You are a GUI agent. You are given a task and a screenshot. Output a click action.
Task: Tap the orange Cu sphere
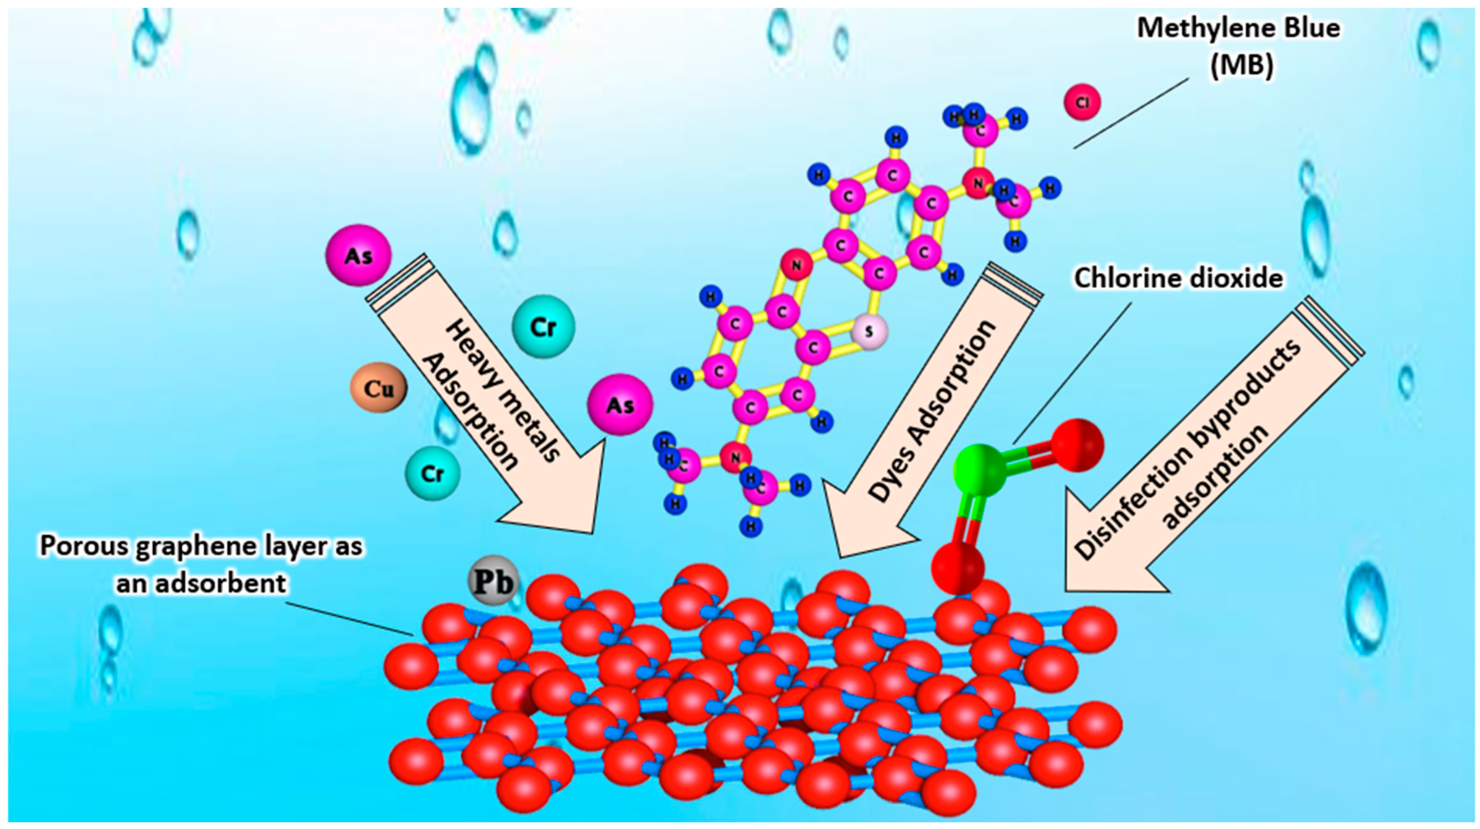click(x=379, y=388)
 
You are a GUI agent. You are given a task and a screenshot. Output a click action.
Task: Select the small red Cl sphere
click(x=1082, y=102)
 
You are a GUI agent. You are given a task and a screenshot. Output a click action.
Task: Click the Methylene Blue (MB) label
click(x=1238, y=46)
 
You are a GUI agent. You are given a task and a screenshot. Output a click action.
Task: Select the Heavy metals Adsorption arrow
click(x=494, y=402)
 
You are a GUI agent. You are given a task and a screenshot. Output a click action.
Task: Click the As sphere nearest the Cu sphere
click(x=620, y=405)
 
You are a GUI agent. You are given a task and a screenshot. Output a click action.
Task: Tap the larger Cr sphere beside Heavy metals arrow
click(x=543, y=326)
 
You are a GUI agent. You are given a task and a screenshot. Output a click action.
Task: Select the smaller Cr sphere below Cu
click(x=433, y=473)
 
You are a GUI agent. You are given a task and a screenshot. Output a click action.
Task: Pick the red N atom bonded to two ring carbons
click(x=796, y=265)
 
